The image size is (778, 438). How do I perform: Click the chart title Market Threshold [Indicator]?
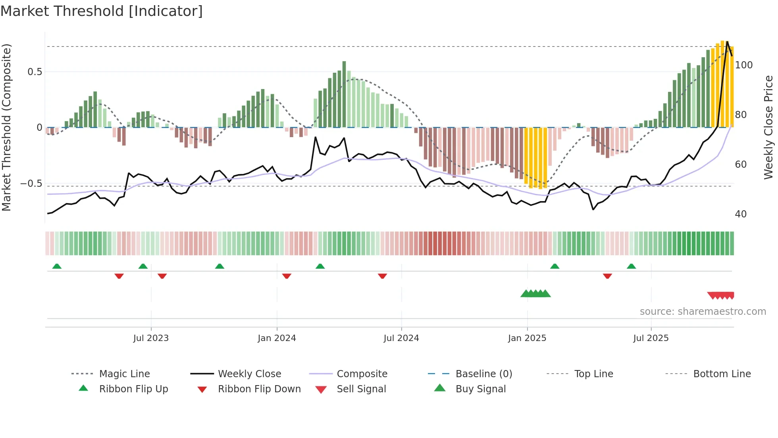(102, 11)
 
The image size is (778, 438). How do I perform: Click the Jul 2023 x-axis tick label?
(151, 338)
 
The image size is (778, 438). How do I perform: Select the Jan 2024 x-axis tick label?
(277, 338)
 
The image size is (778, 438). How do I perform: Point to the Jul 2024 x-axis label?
(401, 338)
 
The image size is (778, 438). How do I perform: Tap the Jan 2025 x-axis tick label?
(527, 338)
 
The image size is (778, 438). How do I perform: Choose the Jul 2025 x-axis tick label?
(651, 338)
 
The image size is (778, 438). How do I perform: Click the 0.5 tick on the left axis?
(35, 72)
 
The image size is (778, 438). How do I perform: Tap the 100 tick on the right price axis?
(743, 65)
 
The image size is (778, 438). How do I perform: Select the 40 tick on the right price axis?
(740, 214)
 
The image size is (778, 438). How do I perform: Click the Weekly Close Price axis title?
(768, 127)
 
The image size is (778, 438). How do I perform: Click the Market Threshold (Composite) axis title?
(6, 127)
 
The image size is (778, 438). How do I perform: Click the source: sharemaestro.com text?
(703, 312)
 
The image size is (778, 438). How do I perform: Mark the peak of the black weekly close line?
(727, 41)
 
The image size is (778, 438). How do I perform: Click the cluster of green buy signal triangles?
(535, 294)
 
